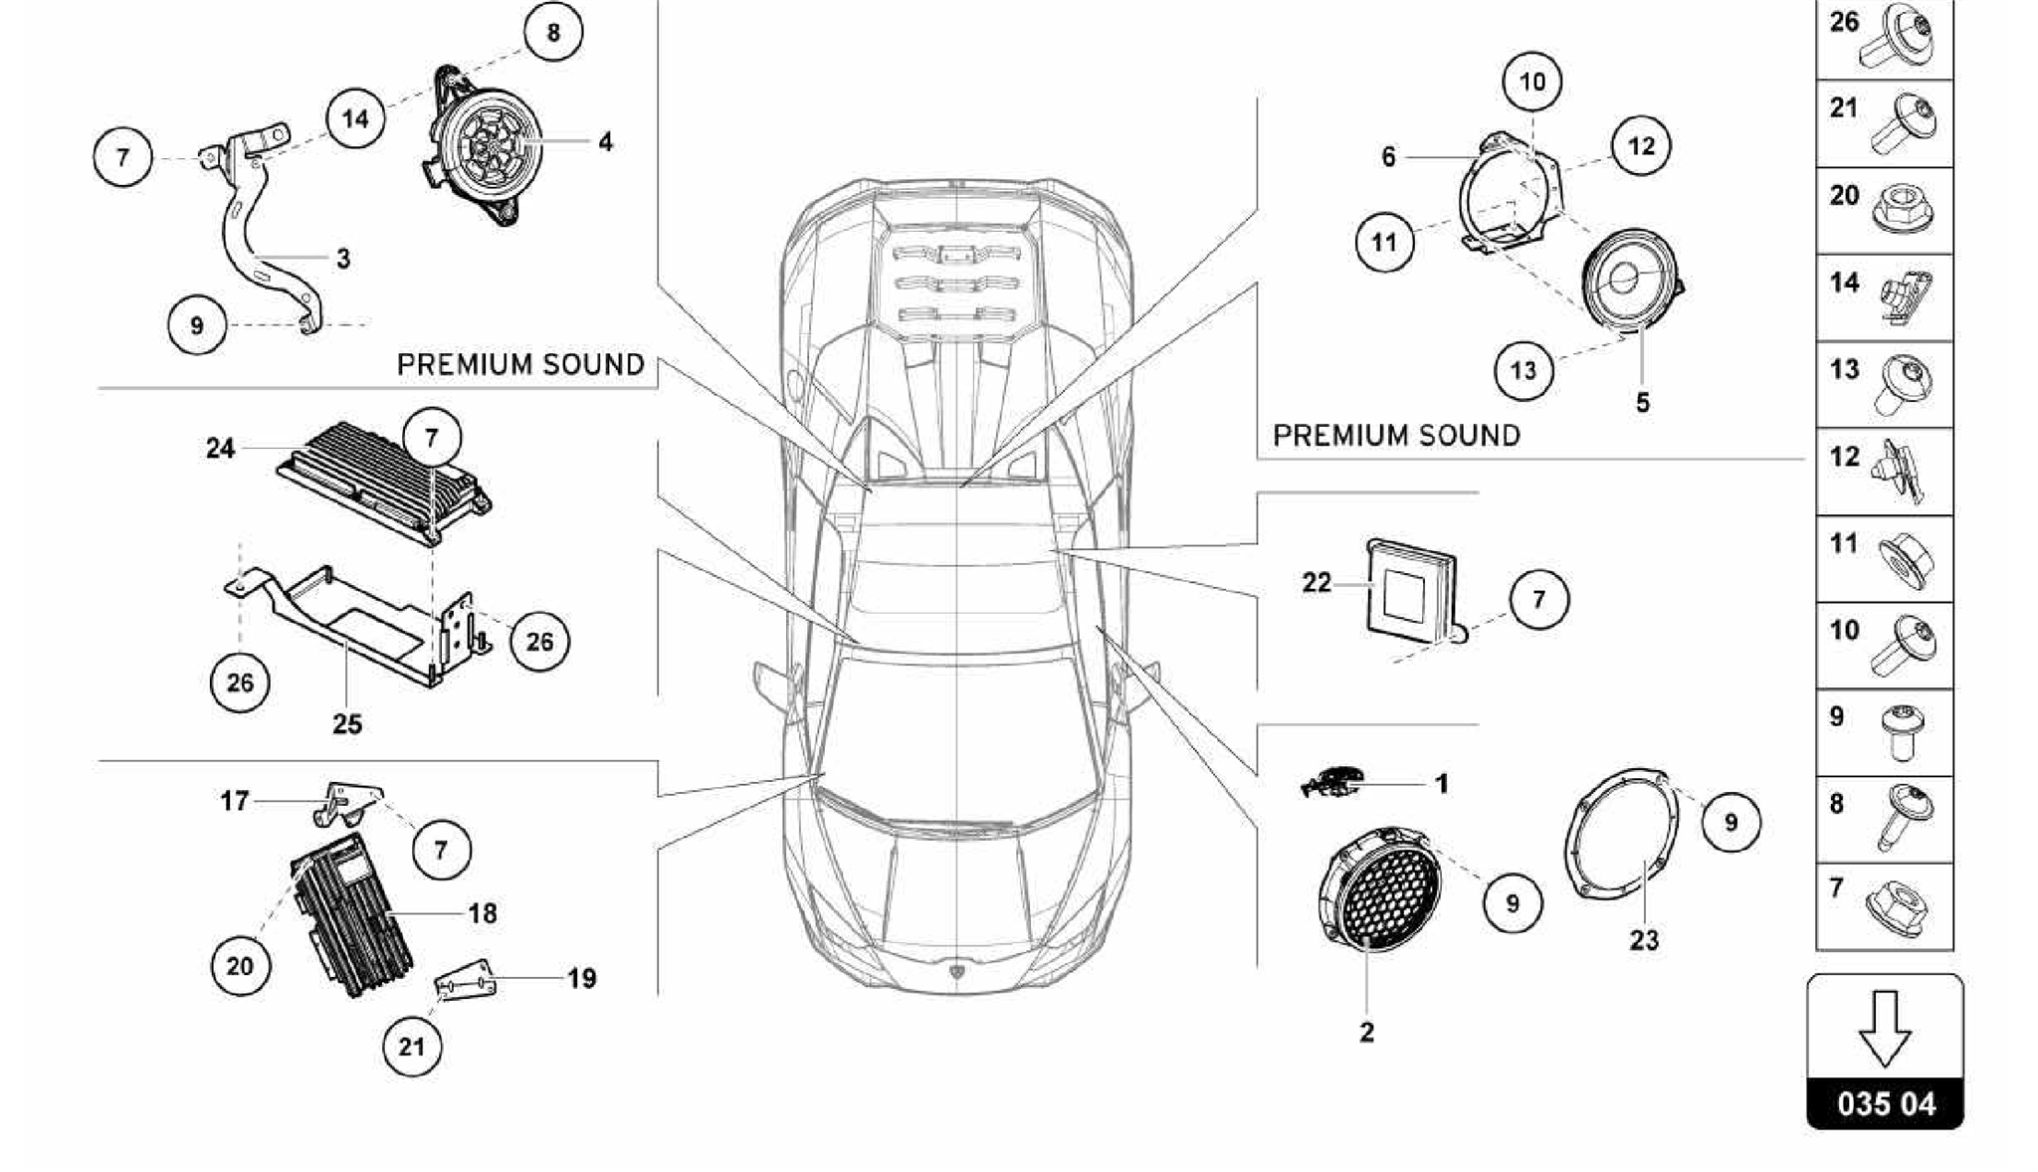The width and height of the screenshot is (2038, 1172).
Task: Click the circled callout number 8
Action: pos(553,33)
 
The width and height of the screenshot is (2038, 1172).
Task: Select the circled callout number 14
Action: pos(355,119)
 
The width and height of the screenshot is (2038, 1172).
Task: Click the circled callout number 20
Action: pos(240,965)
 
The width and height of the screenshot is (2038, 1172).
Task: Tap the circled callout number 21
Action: pos(411,1046)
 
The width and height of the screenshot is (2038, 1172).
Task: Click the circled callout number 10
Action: pos(1532,81)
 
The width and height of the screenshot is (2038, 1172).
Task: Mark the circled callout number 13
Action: pos(1524,371)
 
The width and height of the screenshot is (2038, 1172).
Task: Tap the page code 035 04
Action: pos(1886,1103)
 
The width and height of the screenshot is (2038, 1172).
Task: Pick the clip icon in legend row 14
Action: pos(1903,297)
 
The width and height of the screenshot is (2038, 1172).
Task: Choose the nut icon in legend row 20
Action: pos(1904,210)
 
